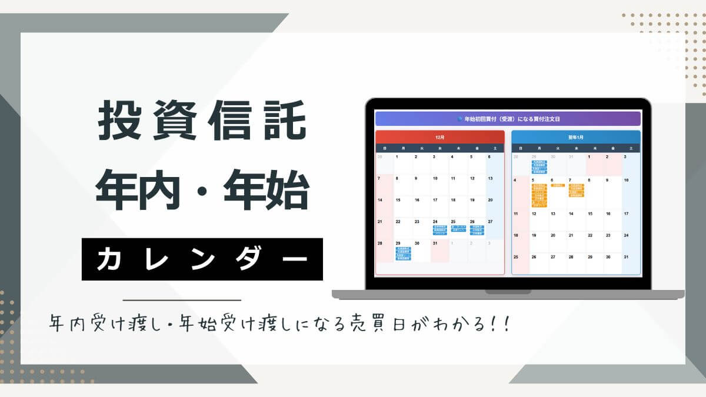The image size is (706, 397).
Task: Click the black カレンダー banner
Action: (202, 259)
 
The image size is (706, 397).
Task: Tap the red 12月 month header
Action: (440, 137)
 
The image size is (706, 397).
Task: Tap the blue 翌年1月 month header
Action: (575, 137)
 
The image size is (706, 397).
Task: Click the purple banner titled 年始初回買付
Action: (508, 119)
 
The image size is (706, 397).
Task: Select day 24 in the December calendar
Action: (435, 222)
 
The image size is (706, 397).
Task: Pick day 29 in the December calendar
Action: (398, 243)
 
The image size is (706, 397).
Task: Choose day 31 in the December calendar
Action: (435, 243)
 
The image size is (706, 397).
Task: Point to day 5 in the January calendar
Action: (533, 180)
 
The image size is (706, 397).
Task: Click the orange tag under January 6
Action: (557, 185)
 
